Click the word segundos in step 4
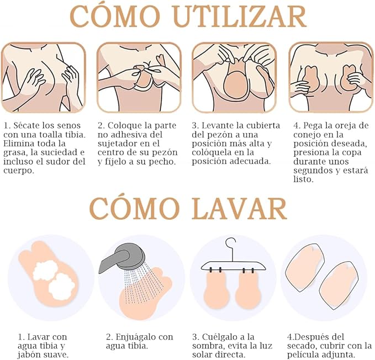coord(313,171)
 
